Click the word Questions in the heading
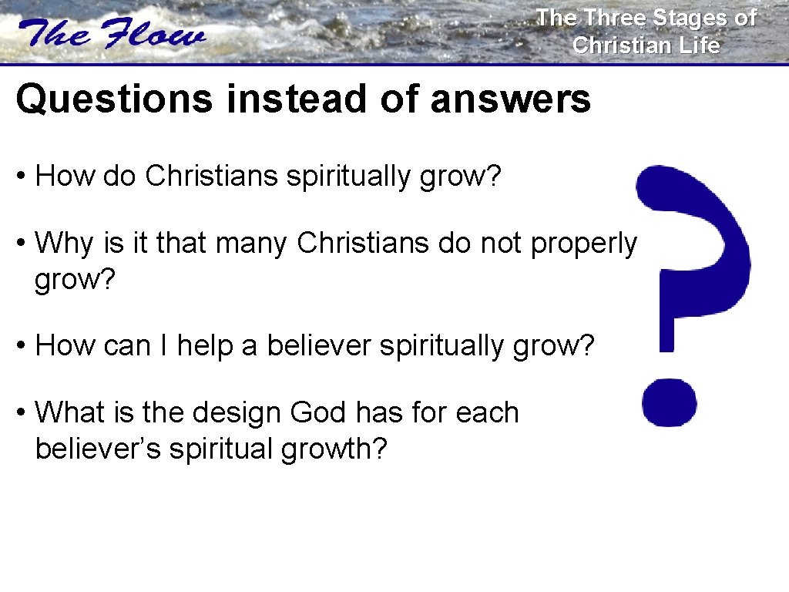[113, 100]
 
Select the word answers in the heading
[510, 100]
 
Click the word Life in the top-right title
[699, 45]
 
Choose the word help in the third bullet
[204, 347]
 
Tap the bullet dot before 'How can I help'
[22, 347]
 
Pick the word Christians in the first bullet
[212, 177]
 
